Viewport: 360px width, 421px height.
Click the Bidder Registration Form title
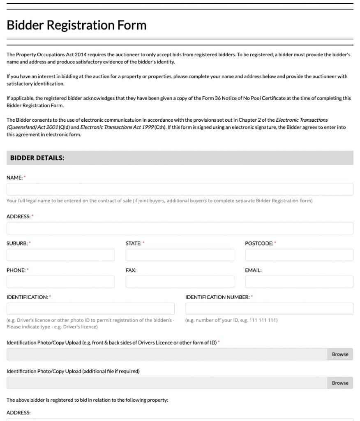coord(76,25)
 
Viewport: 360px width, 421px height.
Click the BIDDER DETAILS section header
coord(37,158)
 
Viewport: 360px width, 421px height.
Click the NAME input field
coord(180,189)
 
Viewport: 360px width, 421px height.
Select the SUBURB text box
coord(60,255)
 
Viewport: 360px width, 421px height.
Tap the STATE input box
coord(180,255)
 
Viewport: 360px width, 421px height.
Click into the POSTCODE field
coord(299,255)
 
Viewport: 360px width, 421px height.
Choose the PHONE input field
coord(60,282)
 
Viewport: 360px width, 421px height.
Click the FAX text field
coord(180,282)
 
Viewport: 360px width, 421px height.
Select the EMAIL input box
coord(299,282)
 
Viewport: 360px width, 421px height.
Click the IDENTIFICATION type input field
coord(90,309)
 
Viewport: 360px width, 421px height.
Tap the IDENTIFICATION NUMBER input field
coord(269,309)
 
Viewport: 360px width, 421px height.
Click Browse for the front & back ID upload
coord(340,354)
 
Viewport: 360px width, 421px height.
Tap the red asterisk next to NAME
coord(24,177)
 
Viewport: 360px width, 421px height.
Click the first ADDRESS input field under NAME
coord(180,228)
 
